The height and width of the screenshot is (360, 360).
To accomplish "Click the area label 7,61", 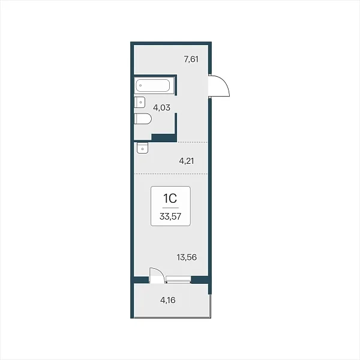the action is coord(191,59).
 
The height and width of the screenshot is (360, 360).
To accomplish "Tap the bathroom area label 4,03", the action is coord(161,107).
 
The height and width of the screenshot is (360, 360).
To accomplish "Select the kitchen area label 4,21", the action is coord(187,161).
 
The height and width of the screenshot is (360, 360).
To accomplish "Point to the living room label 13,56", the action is coord(187,257).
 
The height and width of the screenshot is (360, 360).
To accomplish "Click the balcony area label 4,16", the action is coord(168,300).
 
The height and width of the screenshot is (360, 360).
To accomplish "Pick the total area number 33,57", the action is coord(170,216).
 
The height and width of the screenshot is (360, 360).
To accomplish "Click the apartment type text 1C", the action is coord(170,199).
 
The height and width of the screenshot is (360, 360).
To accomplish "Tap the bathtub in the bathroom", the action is coord(153,86).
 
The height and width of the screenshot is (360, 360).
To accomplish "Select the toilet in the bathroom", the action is coord(143,119).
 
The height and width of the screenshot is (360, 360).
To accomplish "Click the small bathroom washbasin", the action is coord(140,102).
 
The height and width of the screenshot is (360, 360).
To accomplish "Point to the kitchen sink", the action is coord(143,148).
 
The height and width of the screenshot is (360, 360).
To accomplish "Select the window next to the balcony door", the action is coord(178,280).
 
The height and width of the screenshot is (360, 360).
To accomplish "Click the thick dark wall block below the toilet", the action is coord(164,138).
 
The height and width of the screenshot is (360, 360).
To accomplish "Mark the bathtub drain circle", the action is coord(140,85).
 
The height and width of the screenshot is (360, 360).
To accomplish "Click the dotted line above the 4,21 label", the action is coord(193,142).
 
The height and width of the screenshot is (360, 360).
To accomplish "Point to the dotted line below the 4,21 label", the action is coord(171,174).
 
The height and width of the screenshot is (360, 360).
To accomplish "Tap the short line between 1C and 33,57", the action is coord(170,208).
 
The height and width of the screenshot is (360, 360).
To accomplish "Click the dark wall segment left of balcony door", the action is coord(142,280).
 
